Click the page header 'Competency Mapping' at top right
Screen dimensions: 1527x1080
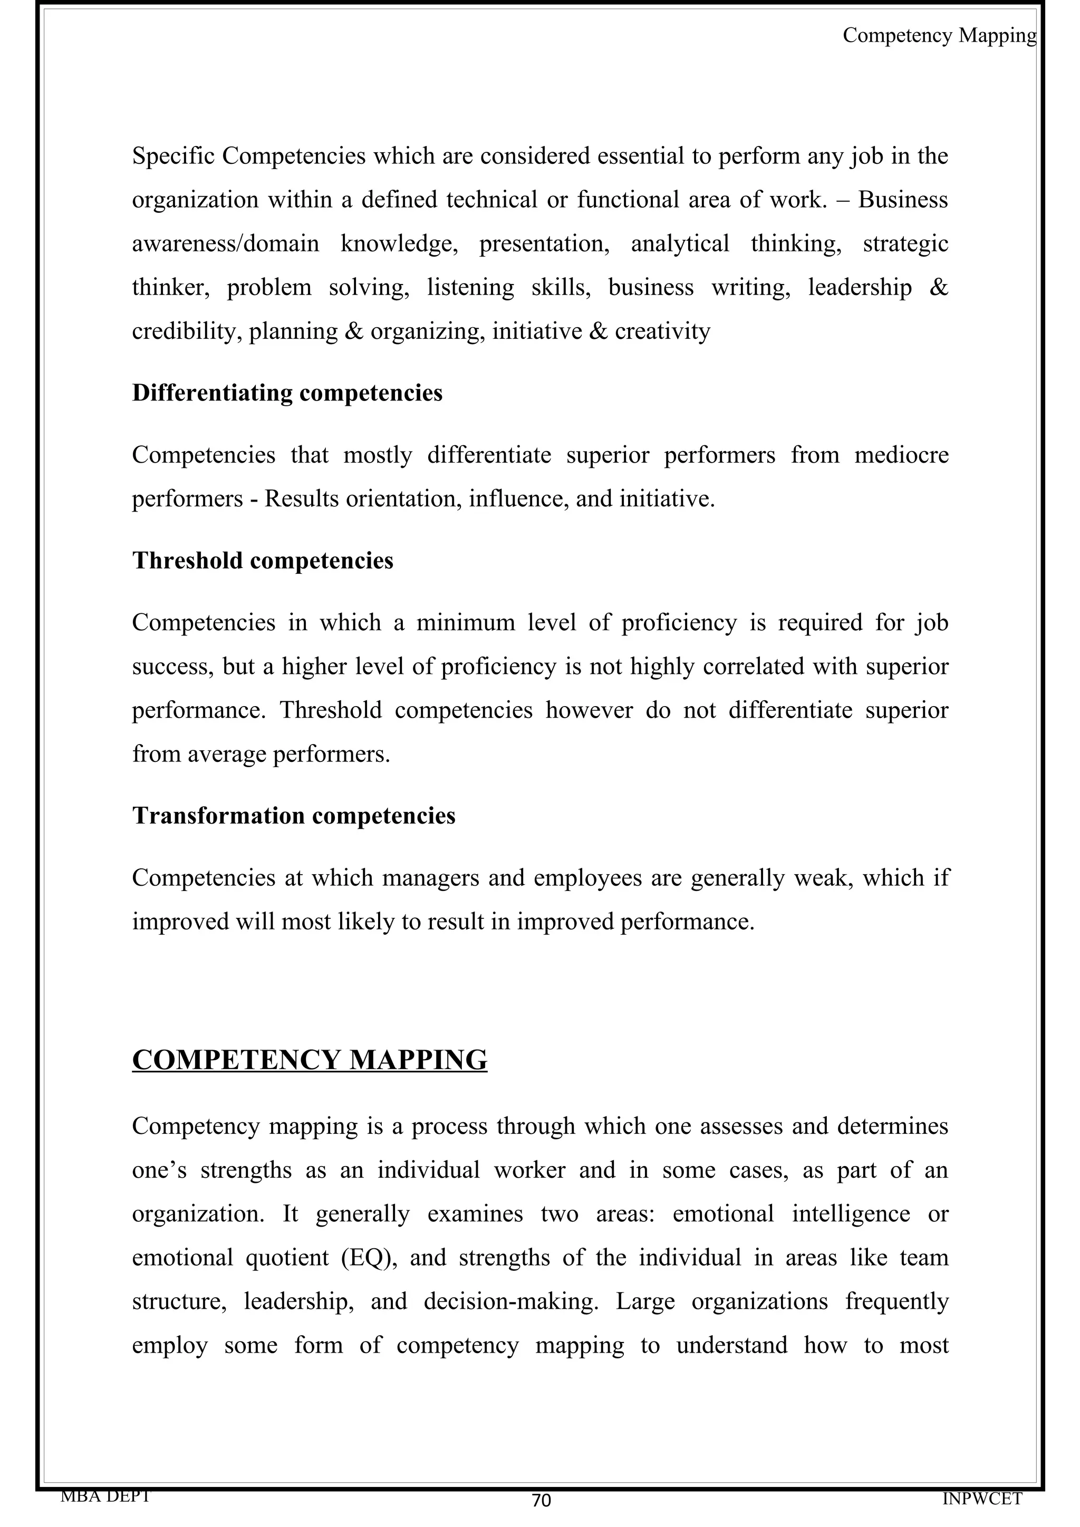tap(939, 35)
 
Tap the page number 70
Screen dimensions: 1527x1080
tap(541, 1501)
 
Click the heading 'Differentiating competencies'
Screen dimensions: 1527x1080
tap(287, 393)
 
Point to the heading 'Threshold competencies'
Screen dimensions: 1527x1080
tap(262, 560)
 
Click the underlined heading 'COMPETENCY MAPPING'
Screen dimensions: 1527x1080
tap(310, 1060)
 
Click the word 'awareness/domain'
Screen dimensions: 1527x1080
tap(225, 244)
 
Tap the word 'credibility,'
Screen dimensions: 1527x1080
tap(187, 331)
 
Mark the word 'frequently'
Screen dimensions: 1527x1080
tap(896, 1301)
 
